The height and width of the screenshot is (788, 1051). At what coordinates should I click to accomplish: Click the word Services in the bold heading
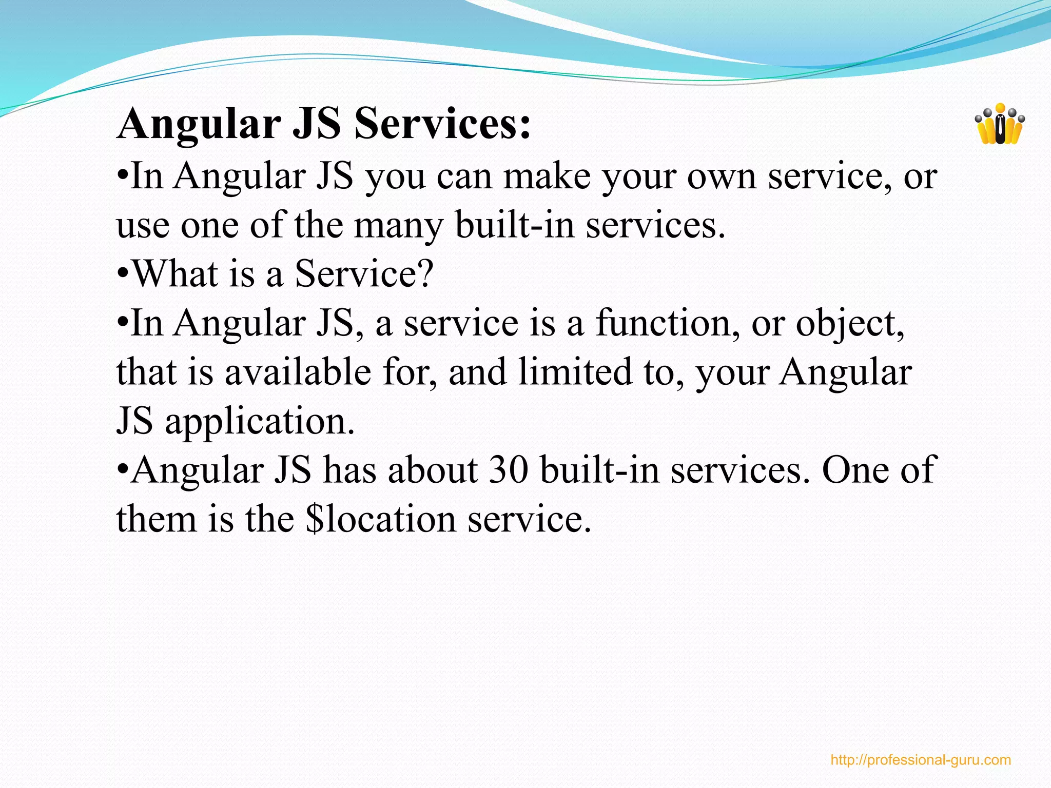pyautogui.click(x=442, y=124)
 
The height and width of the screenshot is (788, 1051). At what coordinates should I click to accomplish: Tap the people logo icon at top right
pyautogui.click(x=999, y=125)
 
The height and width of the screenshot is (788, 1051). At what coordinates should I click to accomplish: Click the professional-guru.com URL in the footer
pyautogui.click(x=920, y=760)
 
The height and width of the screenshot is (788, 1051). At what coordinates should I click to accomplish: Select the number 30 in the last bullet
pyautogui.click(x=508, y=470)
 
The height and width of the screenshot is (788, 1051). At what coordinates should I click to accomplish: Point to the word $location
pyautogui.click(x=380, y=519)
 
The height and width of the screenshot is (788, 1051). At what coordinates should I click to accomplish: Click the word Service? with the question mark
pyautogui.click(x=364, y=273)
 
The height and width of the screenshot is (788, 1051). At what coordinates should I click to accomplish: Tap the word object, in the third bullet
pyautogui.click(x=850, y=324)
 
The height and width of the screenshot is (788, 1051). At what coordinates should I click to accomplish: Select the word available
pyautogui.click(x=298, y=372)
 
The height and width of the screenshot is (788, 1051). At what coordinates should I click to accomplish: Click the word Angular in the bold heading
pyautogui.click(x=199, y=125)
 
